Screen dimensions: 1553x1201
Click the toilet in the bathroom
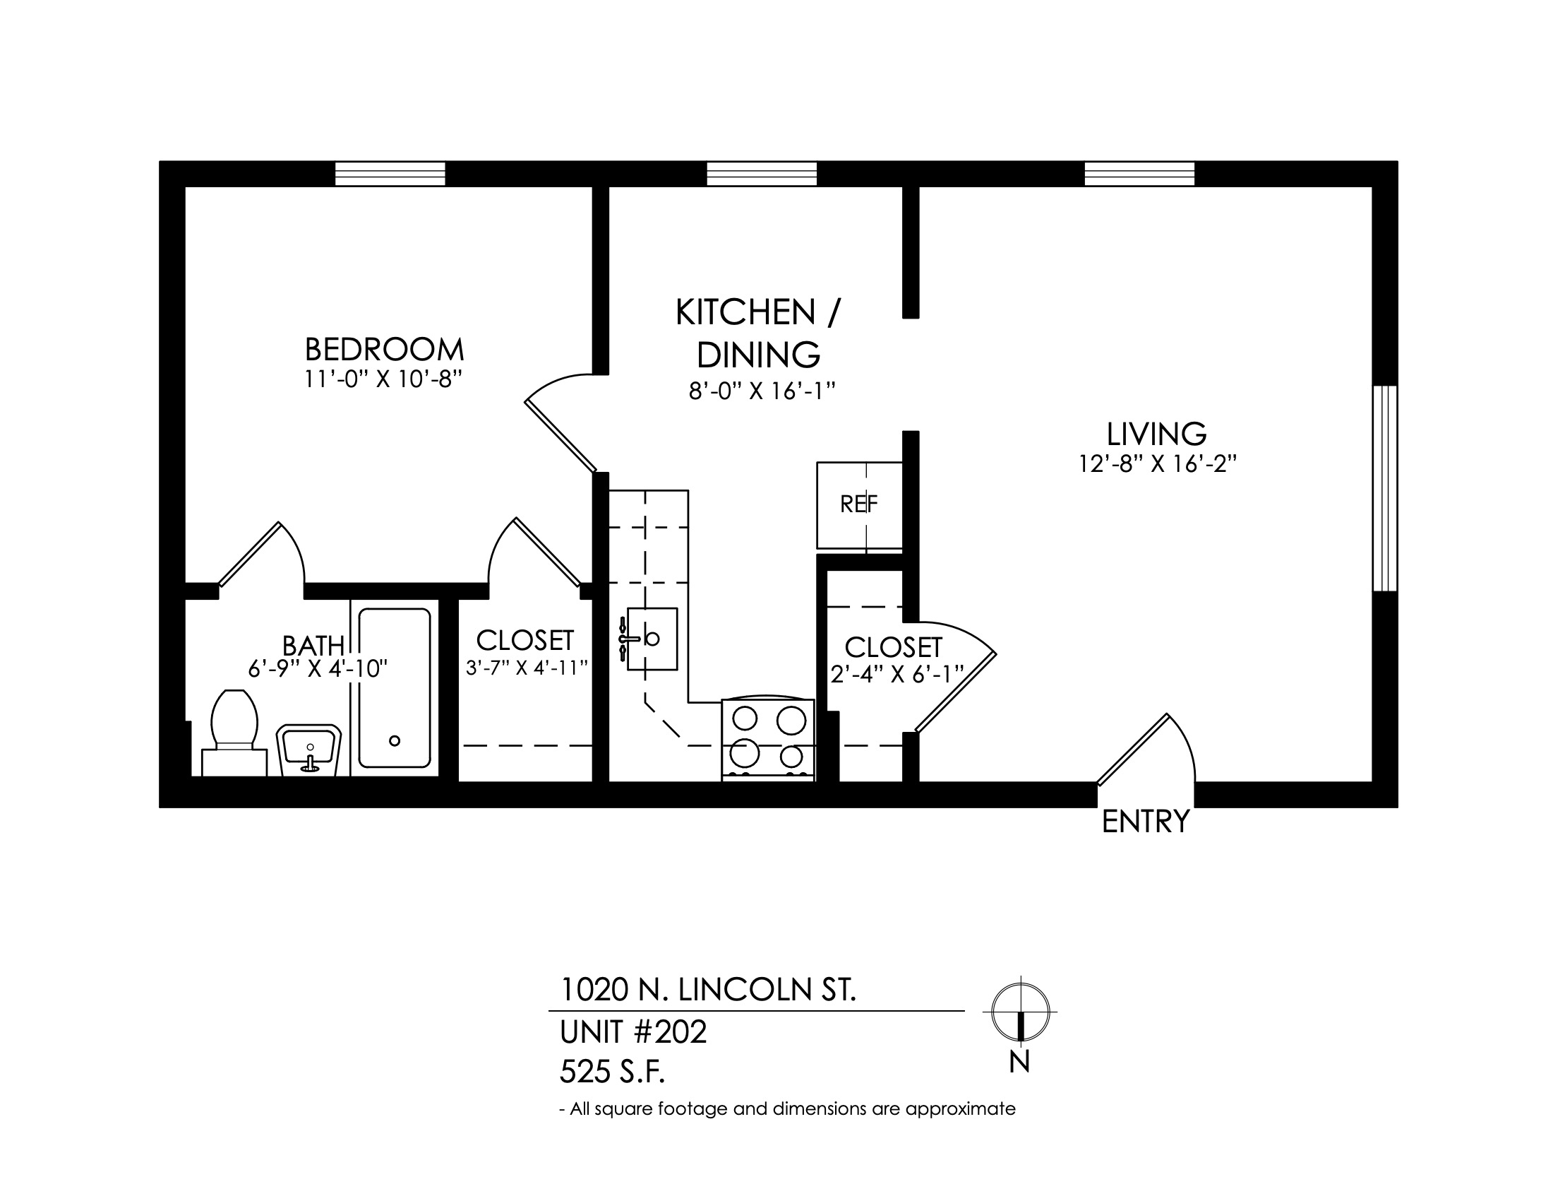(x=234, y=733)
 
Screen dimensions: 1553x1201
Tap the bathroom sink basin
(x=309, y=750)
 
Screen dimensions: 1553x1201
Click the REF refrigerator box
(x=860, y=505)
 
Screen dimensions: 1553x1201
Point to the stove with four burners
(x=768, y=739)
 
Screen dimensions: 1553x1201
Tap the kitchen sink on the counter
(x=650, y=638)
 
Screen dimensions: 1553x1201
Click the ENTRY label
(x=1146, y=822)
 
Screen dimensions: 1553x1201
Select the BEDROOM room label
(x=385, y=349)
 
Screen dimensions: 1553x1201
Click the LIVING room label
(x=1157, y=434)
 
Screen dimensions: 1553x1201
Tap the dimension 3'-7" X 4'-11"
(x=527, y=668)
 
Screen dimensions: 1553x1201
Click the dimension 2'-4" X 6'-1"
(x=897, y=673)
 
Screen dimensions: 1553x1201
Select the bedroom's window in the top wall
(x=390, y=174)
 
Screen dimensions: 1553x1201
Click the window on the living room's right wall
(x=1385, y=488)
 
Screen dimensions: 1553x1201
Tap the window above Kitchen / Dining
(x=762, y=174)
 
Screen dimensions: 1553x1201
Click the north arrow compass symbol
(x=1021, y=1012)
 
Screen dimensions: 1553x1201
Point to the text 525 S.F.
(x=612, y=1072)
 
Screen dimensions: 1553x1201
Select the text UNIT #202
(x=634, y=1031)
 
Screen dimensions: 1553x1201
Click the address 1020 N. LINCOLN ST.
(x=708, y=990)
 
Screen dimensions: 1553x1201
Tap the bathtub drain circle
(x=395, y=740)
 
